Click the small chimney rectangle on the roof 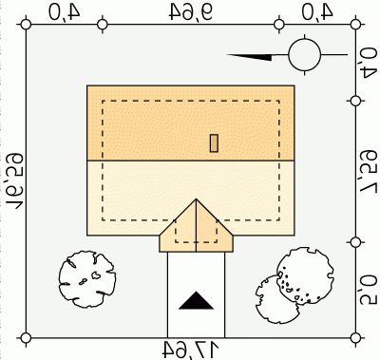tap(215, 143)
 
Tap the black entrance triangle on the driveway tap(196, 300)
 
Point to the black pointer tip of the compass tap(227, 55)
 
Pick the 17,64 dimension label tap(191, 350)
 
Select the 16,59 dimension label tap(15, 181)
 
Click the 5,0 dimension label tap(369, 290)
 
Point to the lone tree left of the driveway tap(87, 279)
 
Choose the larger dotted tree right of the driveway tap(305, 276)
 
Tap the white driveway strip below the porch tap(196, 294)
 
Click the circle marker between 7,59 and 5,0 tap(355, 242)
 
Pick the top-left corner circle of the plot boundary tap(26, 25)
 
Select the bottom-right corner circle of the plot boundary tap(355, 338)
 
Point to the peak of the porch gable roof tap(196, 199)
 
